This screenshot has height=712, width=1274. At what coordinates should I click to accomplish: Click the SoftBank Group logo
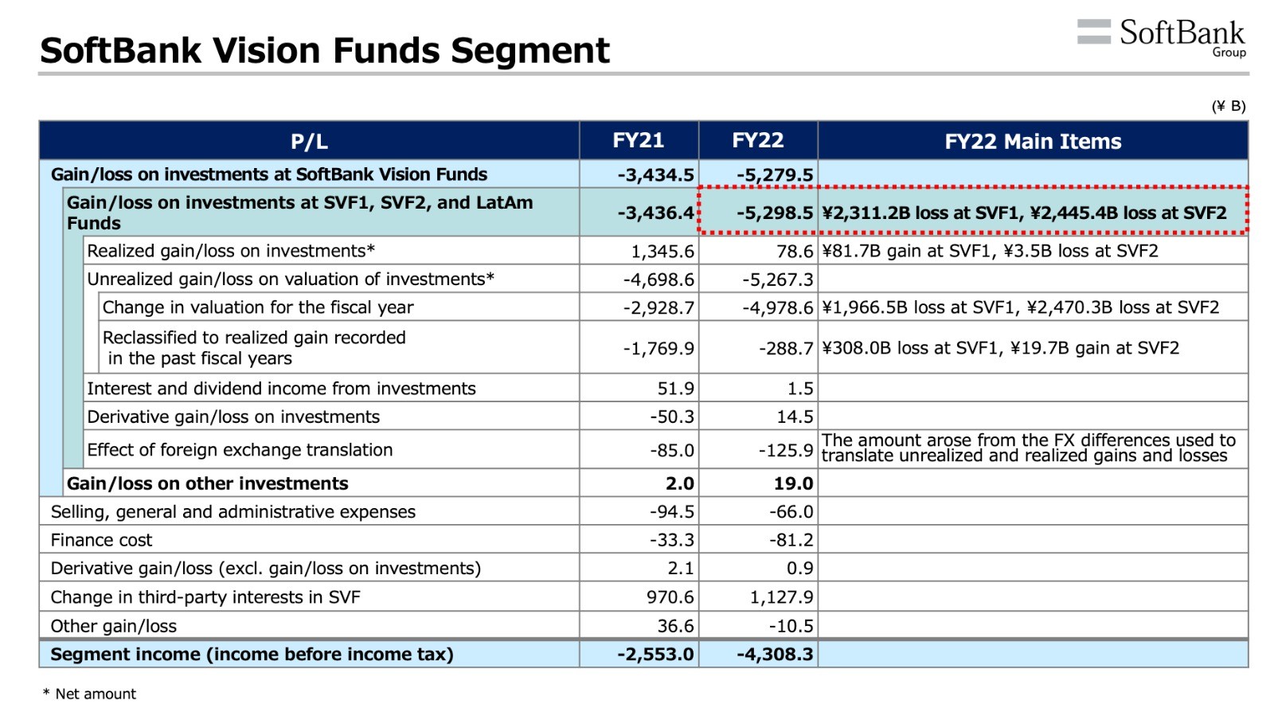coord(1162,37)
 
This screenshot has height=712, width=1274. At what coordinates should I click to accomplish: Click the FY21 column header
coord(638,140)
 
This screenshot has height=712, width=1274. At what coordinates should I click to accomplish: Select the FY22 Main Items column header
coord(1033,141)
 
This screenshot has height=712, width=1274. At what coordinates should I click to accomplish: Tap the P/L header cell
coord(309,141)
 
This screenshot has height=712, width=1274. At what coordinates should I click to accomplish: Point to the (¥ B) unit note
coord(1229,106)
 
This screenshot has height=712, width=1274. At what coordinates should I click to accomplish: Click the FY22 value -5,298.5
coord(775,213)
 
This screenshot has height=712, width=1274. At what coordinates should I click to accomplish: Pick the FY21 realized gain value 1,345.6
coord(662,251)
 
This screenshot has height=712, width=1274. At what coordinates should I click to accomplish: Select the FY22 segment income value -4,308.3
coord(775,654)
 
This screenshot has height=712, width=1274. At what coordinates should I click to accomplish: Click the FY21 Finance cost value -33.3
coord(672,540)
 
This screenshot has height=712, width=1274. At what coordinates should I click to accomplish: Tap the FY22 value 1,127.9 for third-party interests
coord(781,597)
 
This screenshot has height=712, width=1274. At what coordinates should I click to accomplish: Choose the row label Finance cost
coord(101,540)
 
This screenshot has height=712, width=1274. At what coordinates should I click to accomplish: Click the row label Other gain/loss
coord(114,626)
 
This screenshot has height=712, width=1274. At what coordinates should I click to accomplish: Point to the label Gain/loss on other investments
coord(207,483)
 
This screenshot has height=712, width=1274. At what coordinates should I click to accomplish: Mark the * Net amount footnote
coord(89,694)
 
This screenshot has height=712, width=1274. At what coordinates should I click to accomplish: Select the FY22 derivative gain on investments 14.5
coord(795,417)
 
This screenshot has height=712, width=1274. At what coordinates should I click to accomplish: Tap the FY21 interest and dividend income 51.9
coord(676,389)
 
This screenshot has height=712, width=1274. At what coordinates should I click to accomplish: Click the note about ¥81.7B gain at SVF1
coord(990,251)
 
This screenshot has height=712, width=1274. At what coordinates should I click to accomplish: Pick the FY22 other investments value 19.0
coord(793,483)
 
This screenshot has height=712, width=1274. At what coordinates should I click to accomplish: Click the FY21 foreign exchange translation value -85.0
coord(672,450)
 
